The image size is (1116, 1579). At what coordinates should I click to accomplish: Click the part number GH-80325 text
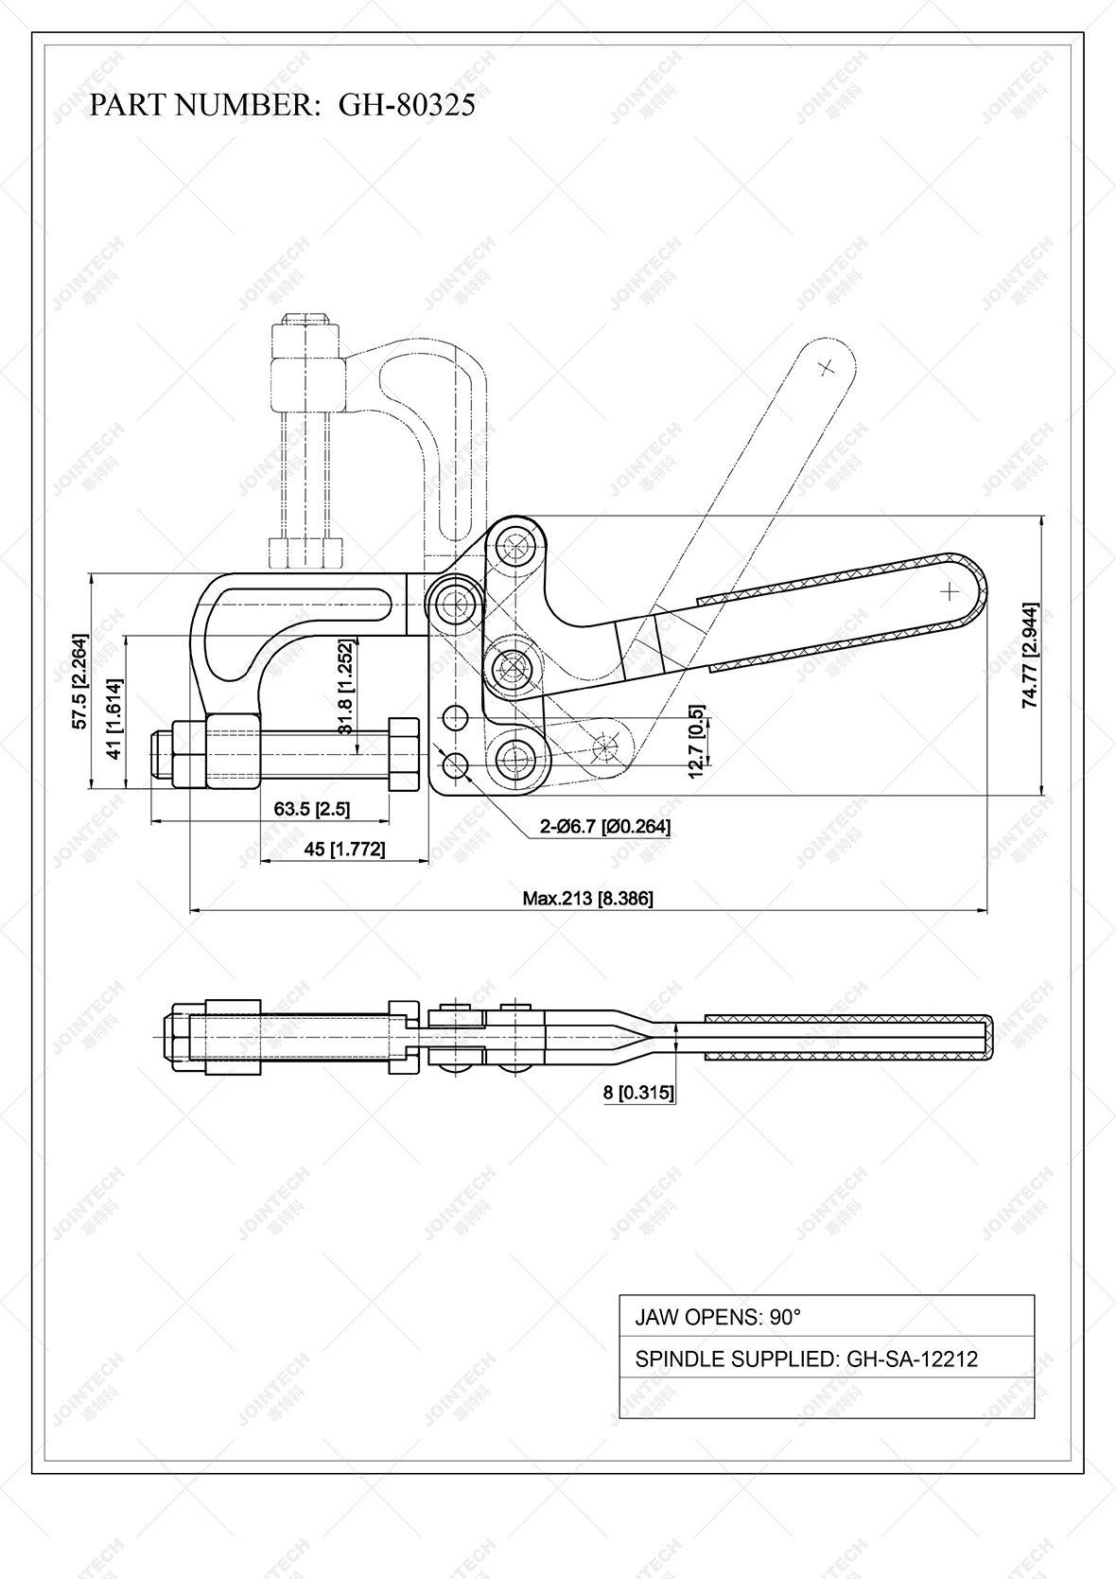click(282, 105)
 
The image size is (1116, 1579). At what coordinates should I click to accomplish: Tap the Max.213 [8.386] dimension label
click(587, 898)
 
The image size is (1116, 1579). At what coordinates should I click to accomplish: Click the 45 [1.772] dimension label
click(344, 849)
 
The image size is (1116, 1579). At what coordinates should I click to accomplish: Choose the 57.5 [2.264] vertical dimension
click(80, 681)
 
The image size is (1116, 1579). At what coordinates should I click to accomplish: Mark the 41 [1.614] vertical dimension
click(113, 718)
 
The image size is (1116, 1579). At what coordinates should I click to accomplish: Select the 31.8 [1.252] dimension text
click(345, 686)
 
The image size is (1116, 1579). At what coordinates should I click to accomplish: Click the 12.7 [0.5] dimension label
click(698, 742)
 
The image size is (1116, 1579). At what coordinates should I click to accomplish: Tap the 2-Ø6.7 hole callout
click(605, 827)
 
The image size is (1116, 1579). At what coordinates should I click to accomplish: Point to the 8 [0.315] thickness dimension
click(638, 1093)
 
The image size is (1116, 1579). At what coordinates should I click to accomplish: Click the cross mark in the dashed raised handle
click(828, 368)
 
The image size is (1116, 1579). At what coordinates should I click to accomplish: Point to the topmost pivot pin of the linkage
click(515, 546)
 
